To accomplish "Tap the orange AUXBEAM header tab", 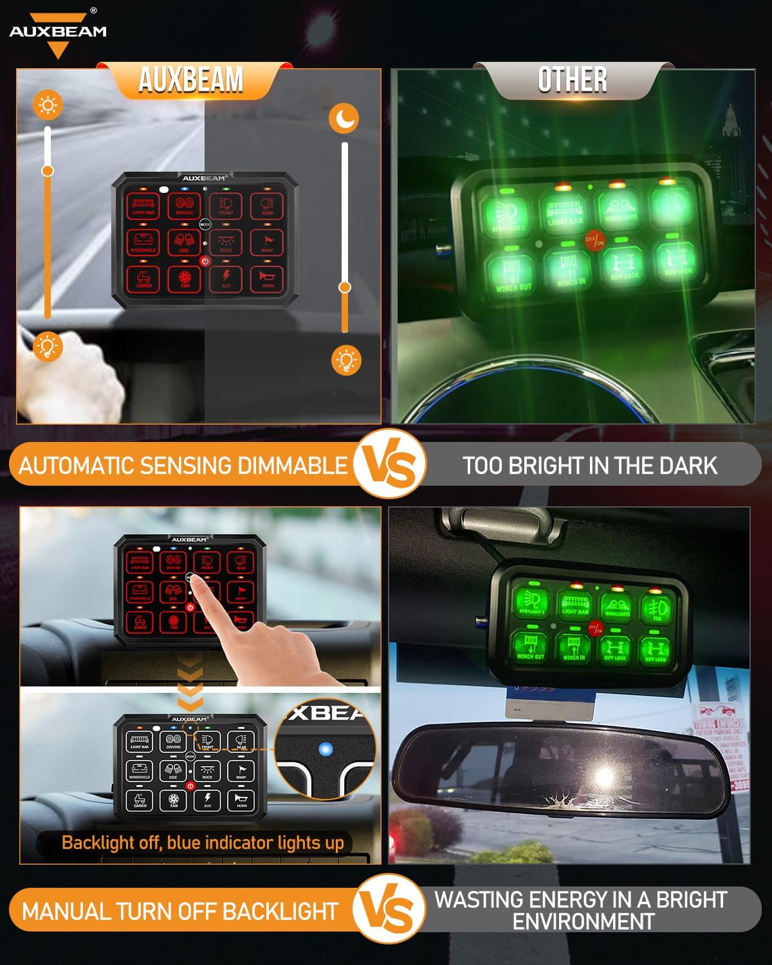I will (191, 80).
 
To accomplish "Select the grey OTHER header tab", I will (572, 80).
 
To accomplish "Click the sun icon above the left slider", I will (48, 105).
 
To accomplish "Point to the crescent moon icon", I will (344, 118).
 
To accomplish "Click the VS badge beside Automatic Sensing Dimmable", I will (390, 464).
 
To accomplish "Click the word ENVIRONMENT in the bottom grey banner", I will (583, 921).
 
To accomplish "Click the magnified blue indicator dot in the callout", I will (326, 749).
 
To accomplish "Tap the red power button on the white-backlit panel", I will (190, 786).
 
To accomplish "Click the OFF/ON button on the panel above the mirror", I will (595, 628).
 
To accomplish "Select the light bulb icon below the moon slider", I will (346, 360).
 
